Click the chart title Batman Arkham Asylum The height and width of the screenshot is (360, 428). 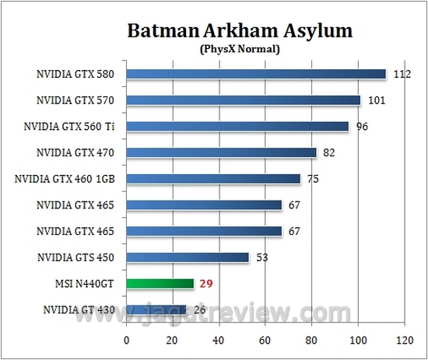(x=240, y=32)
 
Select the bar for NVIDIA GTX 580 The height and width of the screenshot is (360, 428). (x=256, y=74)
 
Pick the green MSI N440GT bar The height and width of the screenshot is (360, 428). (x=160, y=284)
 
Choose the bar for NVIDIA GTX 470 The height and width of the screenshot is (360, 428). (x=221, y=152)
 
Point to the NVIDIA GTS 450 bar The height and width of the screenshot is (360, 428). (x=188, y=257)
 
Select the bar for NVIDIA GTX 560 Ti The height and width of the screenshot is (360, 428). (x=237, y=126)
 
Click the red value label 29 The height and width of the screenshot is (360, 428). (x=205, y=284)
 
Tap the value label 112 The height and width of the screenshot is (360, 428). (x=402, y=74)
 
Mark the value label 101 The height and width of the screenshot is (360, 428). (x=376, y=100)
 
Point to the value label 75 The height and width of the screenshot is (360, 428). (x=313, y=179)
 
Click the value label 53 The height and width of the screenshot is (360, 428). (x=261, y=257)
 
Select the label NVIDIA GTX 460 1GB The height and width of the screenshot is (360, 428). (x=65, y=179)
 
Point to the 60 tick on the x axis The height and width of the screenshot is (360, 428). (x=265, y=340)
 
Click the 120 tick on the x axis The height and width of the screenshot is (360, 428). (x=403, y=340)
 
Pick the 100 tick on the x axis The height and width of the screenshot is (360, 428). (x=357, y=340)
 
